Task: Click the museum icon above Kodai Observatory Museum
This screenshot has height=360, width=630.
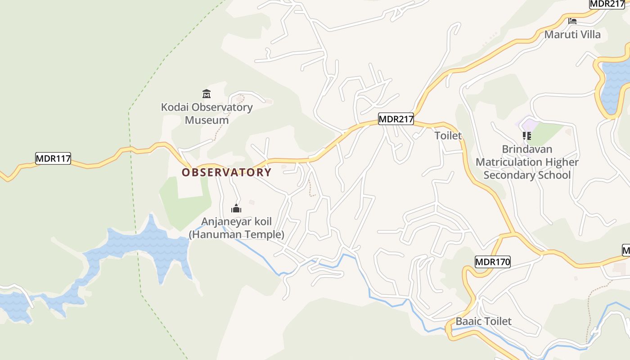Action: coord(207,94)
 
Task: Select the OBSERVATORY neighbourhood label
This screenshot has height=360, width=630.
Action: coord(226,172)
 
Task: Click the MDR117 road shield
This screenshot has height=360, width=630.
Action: coord(53,158)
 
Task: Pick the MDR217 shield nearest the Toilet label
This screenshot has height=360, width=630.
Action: coord(396,119)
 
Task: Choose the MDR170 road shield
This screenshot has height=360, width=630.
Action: coord(493,262)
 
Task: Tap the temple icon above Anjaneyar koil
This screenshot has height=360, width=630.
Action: coord(236,208)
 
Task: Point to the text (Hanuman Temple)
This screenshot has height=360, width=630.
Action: coord(236,234)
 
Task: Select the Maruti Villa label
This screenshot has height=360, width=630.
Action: coord(572,35)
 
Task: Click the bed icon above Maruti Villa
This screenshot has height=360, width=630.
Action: coord(572,21)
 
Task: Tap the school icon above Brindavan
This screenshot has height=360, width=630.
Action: coord(527,135)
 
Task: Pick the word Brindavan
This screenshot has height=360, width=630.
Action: coord(527,149)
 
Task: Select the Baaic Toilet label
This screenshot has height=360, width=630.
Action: coord(484,321)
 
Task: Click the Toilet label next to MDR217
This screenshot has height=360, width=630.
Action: coord(448,135)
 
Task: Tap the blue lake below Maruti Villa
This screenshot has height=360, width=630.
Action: coord(614,85)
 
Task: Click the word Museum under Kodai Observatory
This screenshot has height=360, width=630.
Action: coord(207,120)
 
